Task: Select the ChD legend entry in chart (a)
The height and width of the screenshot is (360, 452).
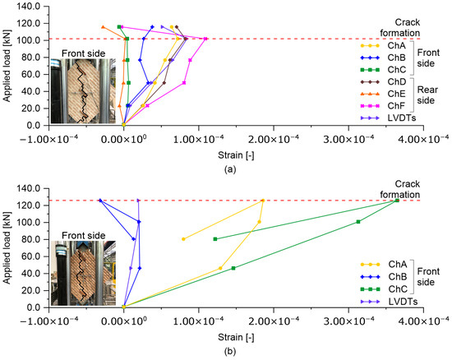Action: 375,81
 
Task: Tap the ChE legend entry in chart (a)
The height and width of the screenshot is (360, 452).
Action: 375,94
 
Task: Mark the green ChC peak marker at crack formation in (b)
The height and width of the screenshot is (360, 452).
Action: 397,200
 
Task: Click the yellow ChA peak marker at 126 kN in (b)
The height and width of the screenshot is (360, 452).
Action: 263,200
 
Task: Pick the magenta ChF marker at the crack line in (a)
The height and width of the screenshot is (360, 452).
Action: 205,39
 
